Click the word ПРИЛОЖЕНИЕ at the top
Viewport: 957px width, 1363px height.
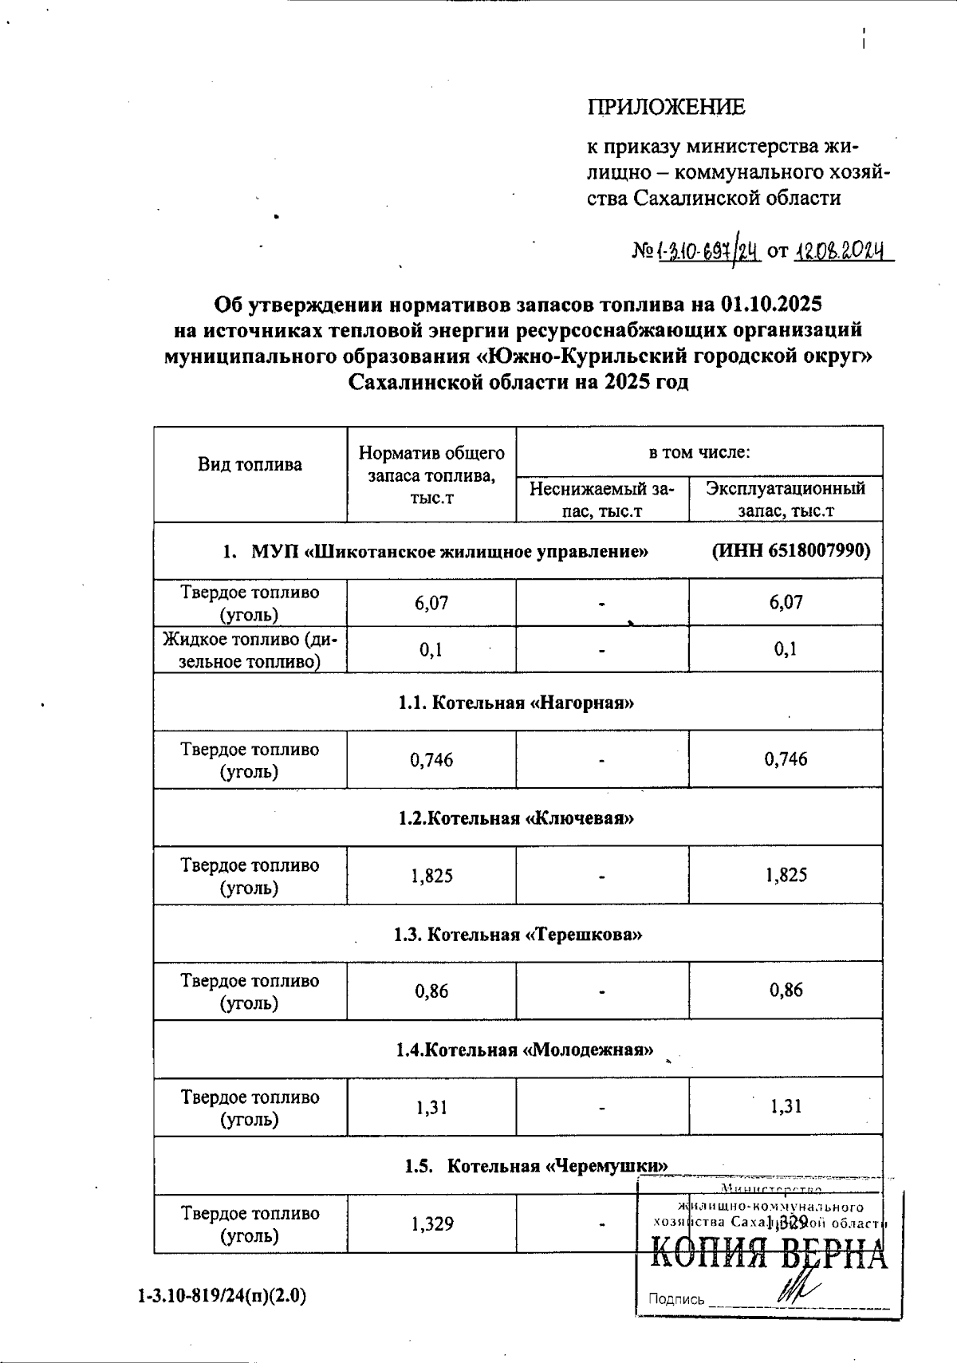666,107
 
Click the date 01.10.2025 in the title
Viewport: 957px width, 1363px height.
770,304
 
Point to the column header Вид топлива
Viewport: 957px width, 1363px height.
250,465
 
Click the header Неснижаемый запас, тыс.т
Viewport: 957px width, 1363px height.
602,499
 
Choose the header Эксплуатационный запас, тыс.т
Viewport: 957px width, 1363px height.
786,499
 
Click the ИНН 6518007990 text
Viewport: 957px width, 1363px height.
790,550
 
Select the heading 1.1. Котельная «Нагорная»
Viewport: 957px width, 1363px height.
517,703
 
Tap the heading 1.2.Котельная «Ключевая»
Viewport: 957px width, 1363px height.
517,818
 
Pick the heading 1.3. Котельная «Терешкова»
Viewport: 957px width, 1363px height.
518,934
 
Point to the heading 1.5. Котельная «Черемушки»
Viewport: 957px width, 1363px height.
535,1166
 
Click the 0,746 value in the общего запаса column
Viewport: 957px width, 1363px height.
431,760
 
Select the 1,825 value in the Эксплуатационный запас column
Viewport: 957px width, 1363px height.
786,876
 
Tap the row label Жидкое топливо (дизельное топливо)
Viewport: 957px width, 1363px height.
250,650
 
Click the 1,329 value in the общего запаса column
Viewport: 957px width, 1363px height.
432,1223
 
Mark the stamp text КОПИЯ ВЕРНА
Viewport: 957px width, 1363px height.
769,1255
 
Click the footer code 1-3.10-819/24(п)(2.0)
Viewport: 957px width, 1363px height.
222,1296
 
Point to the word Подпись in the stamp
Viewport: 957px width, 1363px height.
676,1299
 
